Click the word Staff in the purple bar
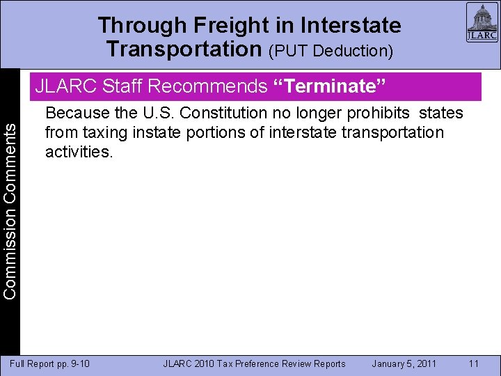[x=122, y=87]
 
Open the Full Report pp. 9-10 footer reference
[x=49, y=363]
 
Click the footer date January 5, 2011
[x=404, y=363]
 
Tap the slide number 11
[x=474, y=363]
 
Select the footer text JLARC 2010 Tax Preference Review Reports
[x=254, y=363]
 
